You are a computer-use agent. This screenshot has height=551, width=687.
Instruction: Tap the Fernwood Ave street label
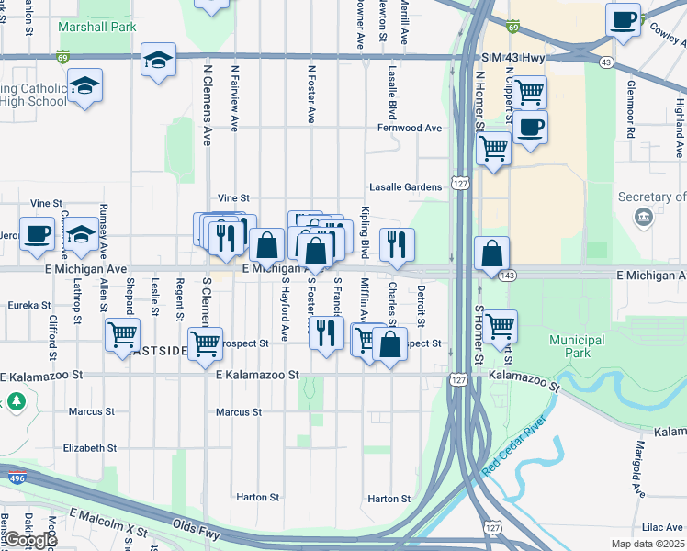point(410,128)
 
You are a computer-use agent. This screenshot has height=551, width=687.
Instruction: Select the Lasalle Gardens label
point(406,186)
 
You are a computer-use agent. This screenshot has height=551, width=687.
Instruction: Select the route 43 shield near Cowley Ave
point(605,62)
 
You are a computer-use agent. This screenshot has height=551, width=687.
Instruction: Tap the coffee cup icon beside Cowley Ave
point(624,19)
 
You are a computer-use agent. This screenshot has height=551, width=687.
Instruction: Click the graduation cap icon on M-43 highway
point(158,61)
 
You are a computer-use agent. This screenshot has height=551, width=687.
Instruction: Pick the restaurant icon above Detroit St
point(397,243)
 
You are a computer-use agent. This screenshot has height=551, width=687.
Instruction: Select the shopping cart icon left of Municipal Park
point(501,325)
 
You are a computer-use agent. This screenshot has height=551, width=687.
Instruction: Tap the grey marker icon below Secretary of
point(643,216)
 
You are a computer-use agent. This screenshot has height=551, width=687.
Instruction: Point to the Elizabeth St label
point(88,448)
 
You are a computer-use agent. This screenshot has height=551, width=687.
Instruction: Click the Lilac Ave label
point(661,527)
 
